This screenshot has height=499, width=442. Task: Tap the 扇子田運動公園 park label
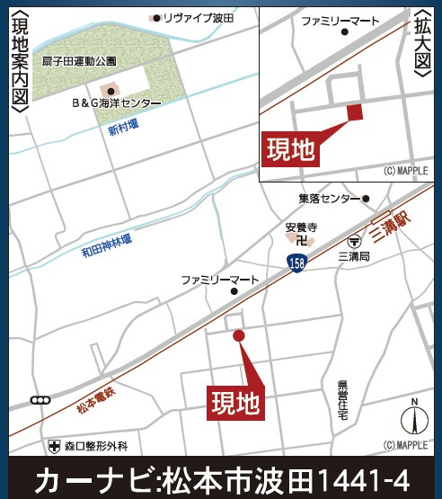(79, 61)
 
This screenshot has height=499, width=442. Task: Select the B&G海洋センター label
(117, 103)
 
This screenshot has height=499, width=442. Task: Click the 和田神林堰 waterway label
(106, 240)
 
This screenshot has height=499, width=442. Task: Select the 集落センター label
(329, 198)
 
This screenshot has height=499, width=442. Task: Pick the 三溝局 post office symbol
(354, 241)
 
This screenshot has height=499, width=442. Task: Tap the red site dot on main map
(238, 335)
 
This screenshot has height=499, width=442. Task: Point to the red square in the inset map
(354, 111)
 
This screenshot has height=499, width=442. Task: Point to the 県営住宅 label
(343, 397)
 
